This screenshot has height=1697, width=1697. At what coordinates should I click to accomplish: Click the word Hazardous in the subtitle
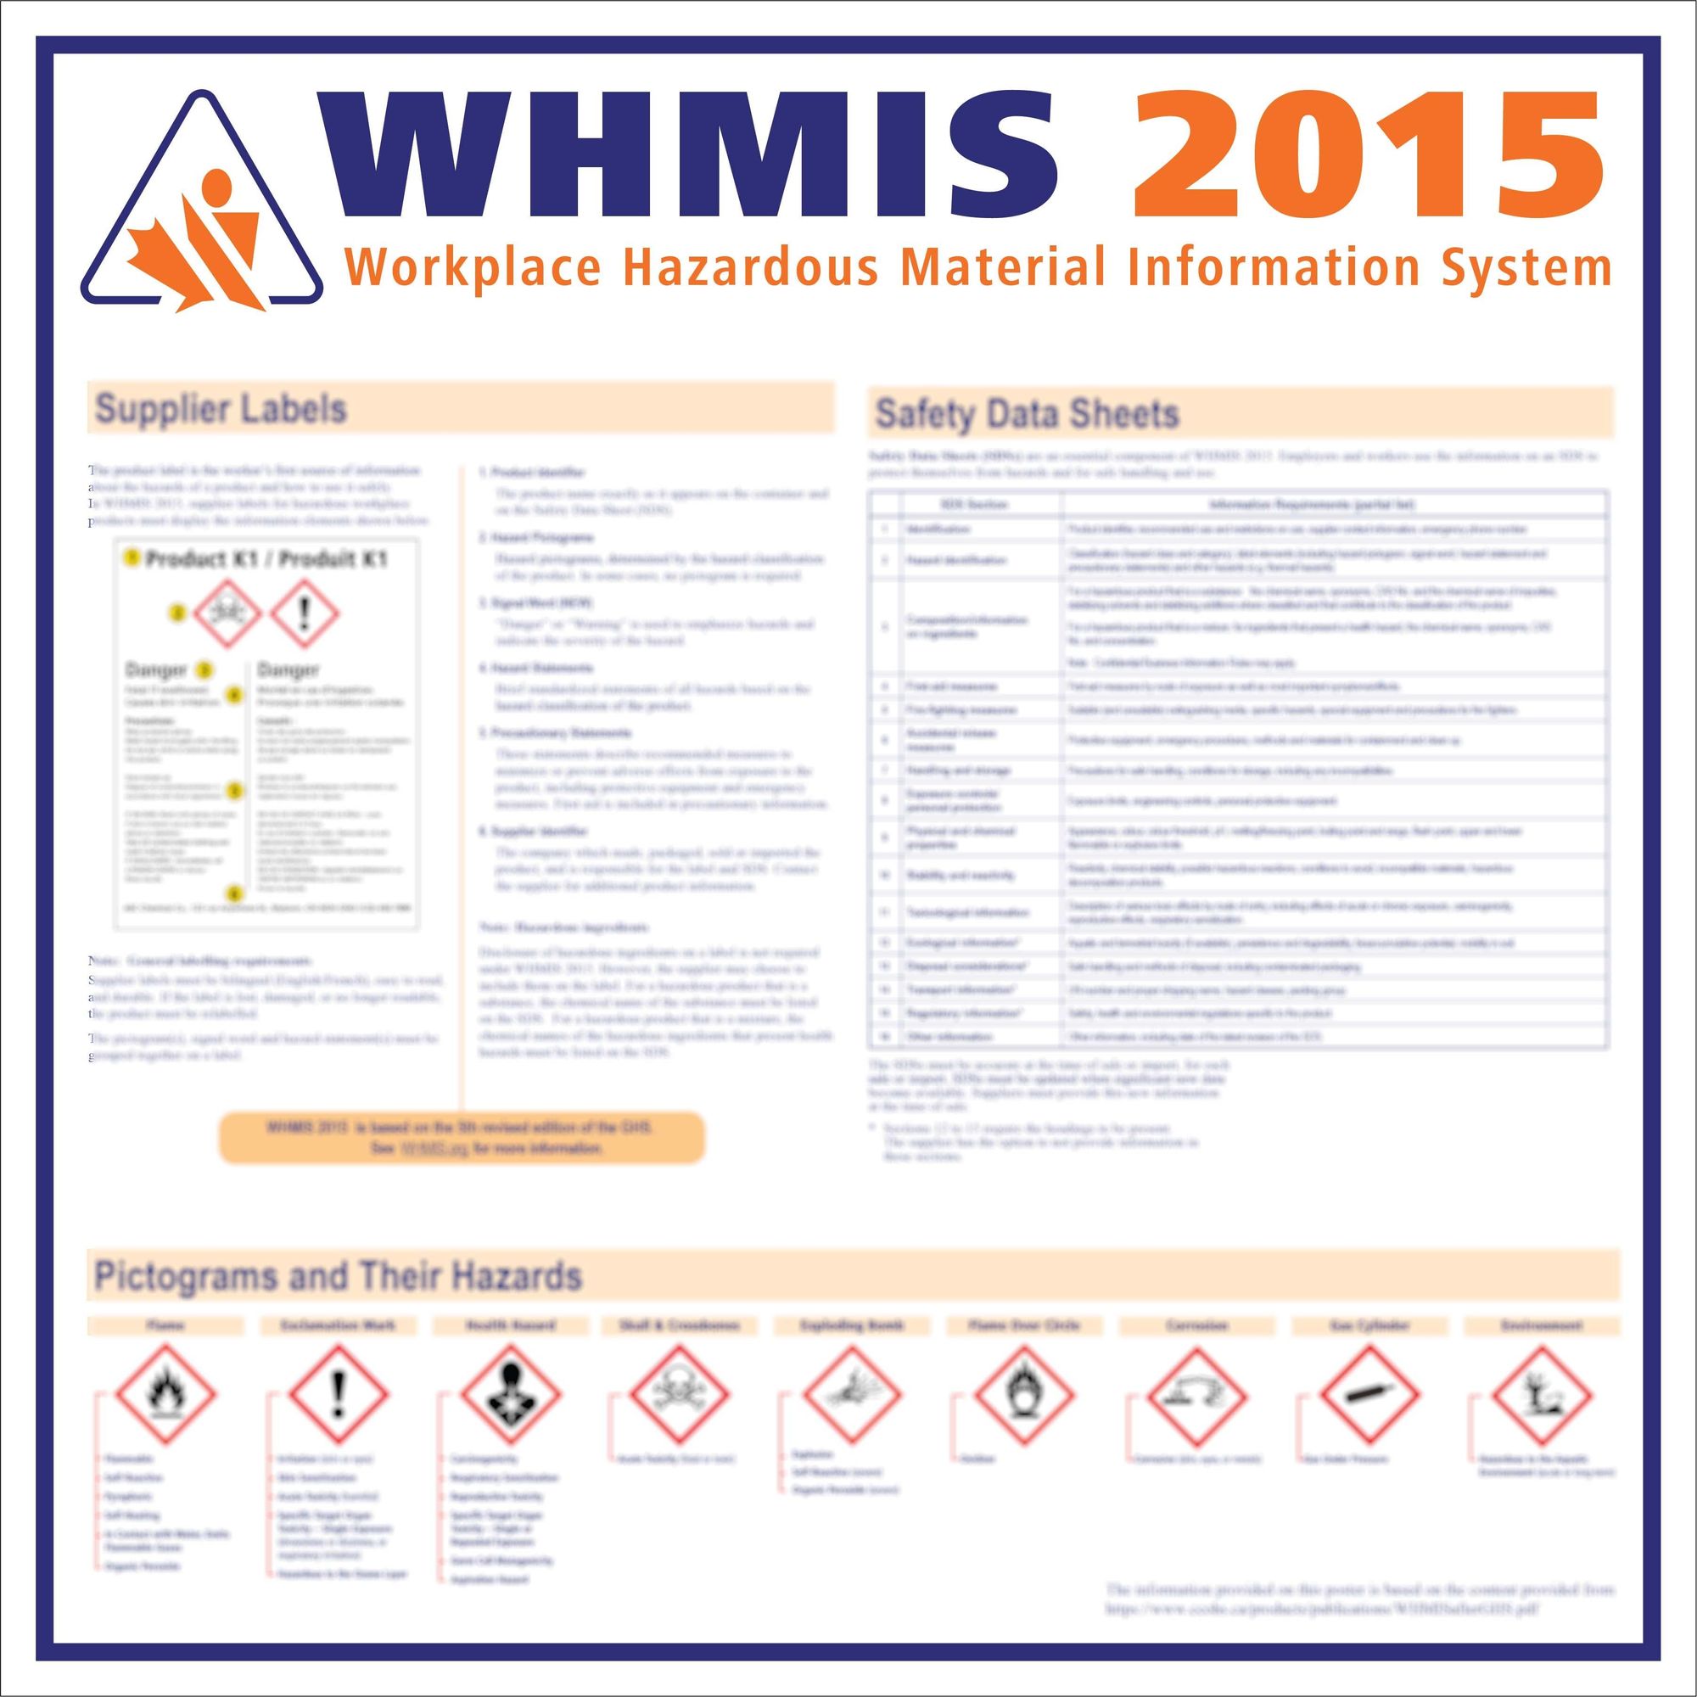coord(750,267)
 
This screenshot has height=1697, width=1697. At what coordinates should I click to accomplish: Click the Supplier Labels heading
coord(221,408)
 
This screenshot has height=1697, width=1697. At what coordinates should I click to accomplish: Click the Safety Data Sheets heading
coord(1027,414)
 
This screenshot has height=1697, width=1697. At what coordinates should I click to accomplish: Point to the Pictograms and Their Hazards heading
coord(339,1275)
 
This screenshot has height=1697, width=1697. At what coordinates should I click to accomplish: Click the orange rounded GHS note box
coord(461,1138)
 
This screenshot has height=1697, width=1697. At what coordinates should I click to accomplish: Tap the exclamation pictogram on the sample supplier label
coord(304,613)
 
